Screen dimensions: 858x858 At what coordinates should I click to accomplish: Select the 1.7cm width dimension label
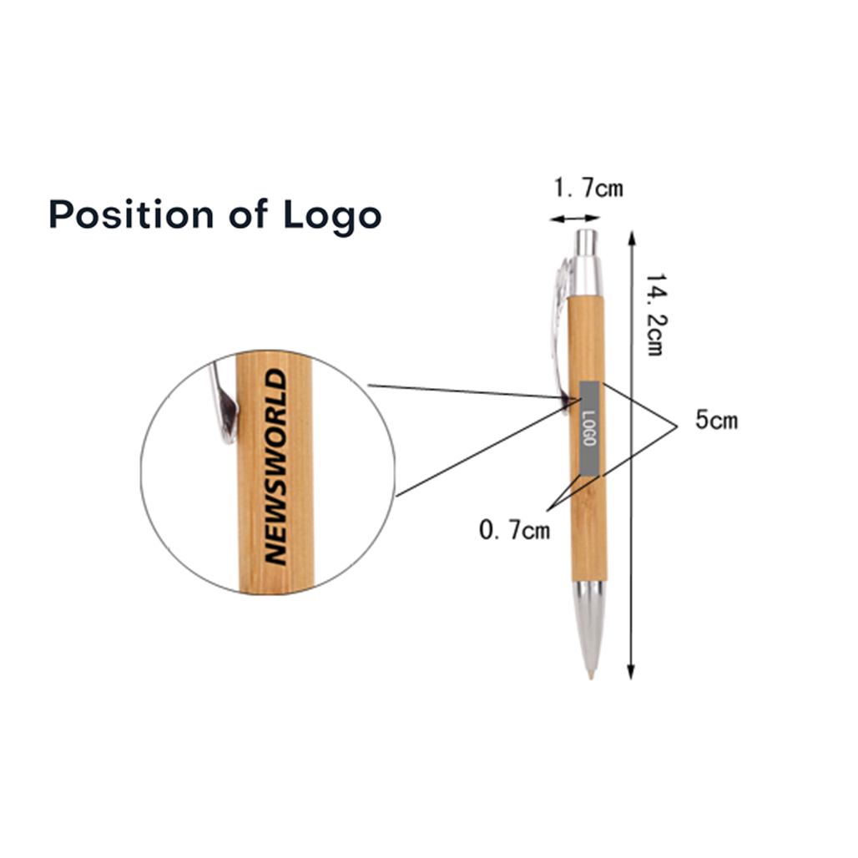(588, 188)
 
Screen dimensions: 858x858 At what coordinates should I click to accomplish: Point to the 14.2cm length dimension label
(655, 315)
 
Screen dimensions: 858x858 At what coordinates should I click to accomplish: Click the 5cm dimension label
(716, 421)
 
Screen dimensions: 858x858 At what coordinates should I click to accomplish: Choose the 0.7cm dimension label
(514, 530)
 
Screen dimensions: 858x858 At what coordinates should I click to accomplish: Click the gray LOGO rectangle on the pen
(590, 428)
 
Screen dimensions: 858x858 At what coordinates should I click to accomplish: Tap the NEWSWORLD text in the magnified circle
(275, 467)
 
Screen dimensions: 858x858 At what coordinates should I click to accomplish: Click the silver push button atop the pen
(587, 242)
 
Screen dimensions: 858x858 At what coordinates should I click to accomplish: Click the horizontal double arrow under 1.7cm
(574, 219)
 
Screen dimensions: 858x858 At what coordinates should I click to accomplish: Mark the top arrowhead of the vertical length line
(632, 237)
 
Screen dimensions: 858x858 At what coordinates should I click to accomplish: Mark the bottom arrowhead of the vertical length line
(631, 673)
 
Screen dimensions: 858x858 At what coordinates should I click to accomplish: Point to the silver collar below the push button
(586, 276)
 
